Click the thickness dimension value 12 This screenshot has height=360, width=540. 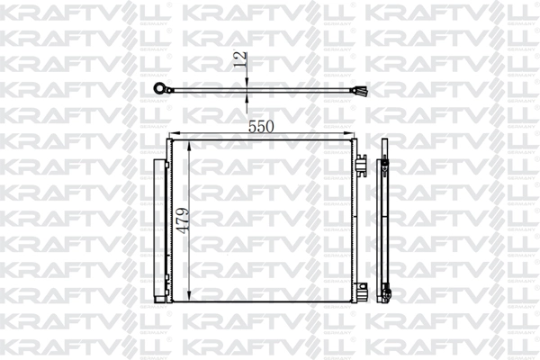240,60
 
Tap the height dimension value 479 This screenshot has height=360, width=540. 184,219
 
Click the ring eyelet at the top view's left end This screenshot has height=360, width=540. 163,87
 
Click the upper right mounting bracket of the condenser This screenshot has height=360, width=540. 360,166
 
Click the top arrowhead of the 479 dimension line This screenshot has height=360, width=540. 191,146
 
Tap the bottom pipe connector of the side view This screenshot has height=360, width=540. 388,292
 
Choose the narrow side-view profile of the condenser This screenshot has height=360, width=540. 384,225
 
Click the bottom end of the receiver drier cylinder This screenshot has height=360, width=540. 161,293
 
